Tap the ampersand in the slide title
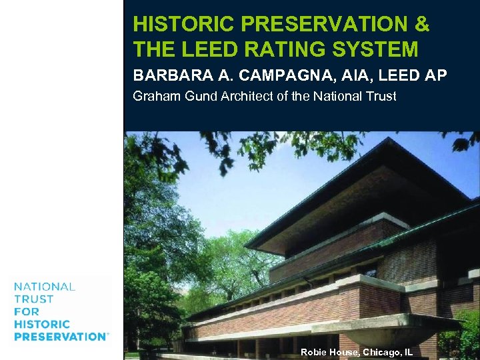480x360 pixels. [421, 25]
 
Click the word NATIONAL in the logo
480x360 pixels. [45, 287]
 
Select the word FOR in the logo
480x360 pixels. [27, 311]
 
